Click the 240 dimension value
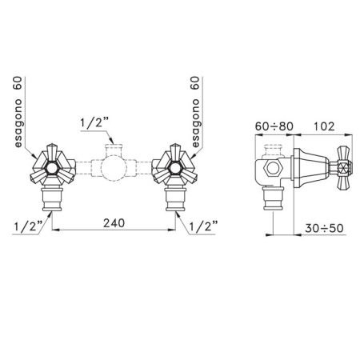point(114,223)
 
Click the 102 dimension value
point(323,126)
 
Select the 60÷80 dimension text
point(274,126)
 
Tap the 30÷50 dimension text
point(324,228)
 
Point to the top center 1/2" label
point(94,123)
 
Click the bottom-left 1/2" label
point(28,226)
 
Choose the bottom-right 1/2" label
point(203,226)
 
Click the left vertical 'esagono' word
point(18,123)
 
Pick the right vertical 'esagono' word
point(195,123)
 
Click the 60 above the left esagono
point(18,83)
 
